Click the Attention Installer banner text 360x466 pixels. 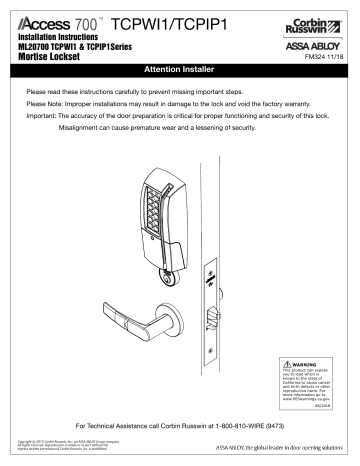pos(180,74)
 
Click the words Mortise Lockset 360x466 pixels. pos(53,60)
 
